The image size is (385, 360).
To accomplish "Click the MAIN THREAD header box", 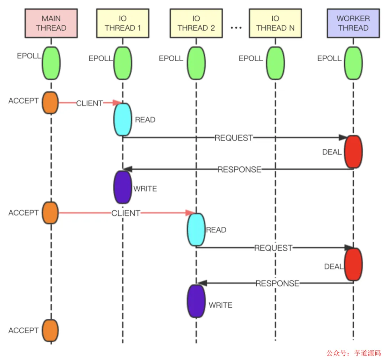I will (51, 23).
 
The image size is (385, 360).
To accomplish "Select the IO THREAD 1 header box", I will (123, 23).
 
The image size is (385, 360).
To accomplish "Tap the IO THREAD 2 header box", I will (196, 23).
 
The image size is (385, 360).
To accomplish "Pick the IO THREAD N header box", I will (275, 23).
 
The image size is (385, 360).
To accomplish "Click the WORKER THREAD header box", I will (353, 23).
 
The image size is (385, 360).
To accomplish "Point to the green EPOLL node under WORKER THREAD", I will (353, 63).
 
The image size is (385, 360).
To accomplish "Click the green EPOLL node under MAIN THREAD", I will (51, 63).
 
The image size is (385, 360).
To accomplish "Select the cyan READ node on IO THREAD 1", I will (123, 119).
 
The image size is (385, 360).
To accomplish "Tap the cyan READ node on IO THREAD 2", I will (196, 230).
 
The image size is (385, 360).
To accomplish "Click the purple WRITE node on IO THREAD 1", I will (122, 187).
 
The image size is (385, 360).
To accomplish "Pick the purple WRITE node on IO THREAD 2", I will (196, 301).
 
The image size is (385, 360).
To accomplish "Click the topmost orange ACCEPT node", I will (50, 103).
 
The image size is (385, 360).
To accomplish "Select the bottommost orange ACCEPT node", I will (50, 331).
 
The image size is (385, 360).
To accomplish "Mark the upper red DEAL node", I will (353, 152).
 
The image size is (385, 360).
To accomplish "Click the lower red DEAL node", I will (353, 265).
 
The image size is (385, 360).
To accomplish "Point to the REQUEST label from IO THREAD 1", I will (233, 138).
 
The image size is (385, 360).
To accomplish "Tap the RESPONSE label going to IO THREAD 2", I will (277, 283).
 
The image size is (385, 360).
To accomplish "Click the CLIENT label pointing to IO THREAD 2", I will (125, 213).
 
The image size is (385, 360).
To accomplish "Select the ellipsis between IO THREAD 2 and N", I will (236, 28).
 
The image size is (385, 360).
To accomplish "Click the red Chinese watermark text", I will (354, 353).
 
